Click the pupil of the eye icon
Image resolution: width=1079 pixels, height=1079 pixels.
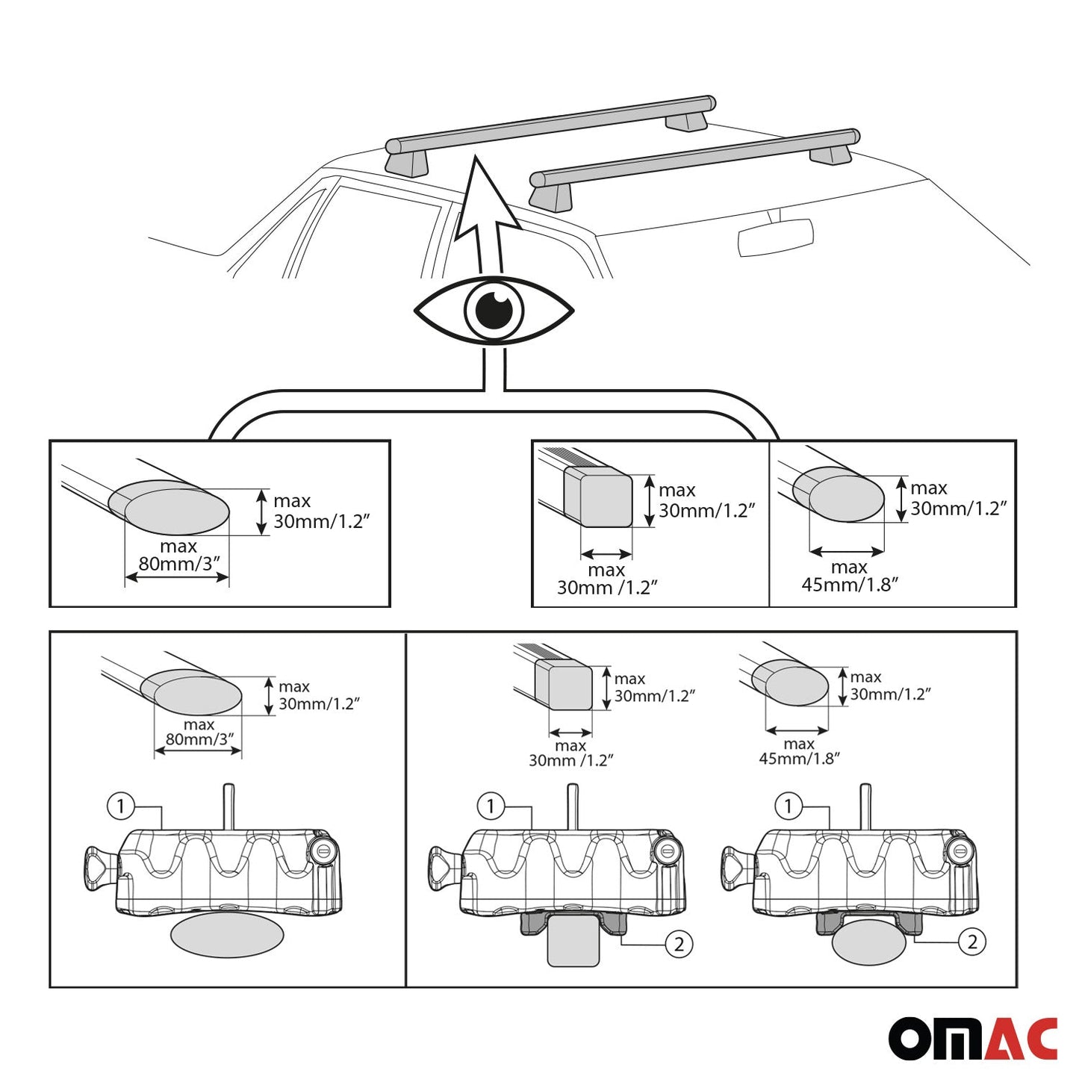point(494,309)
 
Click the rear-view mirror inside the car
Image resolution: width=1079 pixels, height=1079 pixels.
point(775,237)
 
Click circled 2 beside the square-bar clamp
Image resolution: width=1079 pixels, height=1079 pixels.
point(679,944)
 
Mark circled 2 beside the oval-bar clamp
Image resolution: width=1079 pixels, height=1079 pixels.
point(971,942)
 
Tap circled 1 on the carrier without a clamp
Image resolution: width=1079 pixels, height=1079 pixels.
point(121,806)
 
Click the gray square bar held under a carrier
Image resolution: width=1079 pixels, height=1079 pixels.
point(573,945)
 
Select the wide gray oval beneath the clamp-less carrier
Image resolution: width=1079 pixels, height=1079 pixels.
point(227,933)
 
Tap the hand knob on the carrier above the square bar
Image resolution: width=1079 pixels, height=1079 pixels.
point(441,868)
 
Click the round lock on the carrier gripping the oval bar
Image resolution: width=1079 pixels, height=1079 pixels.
point(960,848)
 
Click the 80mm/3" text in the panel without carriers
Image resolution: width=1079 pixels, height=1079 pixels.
point(178,565)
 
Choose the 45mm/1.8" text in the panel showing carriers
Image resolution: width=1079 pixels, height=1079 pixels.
point(799,759)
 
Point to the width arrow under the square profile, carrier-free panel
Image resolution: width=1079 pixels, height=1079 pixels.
point(606,554)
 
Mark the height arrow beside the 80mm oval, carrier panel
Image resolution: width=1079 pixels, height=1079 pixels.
point(269,696)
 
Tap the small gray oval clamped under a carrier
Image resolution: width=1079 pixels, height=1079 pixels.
point(868,942)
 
